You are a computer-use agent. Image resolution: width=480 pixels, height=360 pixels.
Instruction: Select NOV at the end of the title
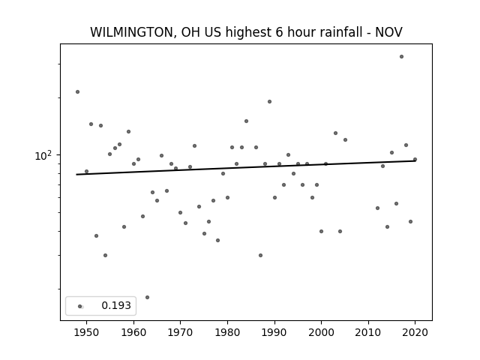tap(388, 32)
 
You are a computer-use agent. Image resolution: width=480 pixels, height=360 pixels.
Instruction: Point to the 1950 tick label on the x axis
tap(87, 332)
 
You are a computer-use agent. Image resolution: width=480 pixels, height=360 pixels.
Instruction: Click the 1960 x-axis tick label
tap(133, 332)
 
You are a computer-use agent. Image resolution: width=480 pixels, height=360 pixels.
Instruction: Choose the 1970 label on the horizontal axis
tap(181, 332)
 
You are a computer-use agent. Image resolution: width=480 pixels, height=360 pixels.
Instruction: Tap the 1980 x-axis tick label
tap(227, 332)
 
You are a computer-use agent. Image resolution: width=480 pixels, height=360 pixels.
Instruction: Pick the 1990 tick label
tap(274, 332)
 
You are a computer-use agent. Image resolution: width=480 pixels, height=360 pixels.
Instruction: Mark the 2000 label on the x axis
tap(322, 332)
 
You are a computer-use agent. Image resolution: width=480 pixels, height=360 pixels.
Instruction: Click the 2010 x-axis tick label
tap(368, 332)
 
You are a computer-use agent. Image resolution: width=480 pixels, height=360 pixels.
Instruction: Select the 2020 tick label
tap(415, 332)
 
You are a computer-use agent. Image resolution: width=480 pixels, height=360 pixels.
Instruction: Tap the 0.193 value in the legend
tap(116, 305)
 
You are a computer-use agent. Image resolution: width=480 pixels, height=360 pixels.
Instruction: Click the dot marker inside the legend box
tap(80, 306)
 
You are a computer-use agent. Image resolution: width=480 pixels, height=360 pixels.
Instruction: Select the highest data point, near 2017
tap(402, 57)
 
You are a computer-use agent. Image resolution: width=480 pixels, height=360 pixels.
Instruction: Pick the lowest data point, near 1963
tap(147, 297)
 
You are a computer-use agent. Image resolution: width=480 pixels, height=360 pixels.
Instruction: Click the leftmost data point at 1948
tap(77, 91)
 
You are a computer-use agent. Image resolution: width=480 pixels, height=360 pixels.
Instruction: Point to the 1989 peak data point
tap(269, 102)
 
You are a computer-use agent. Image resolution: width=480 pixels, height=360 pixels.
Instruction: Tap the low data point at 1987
tap(260, 255)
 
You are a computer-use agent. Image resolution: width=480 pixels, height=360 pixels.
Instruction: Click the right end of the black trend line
tap(415, 160)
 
